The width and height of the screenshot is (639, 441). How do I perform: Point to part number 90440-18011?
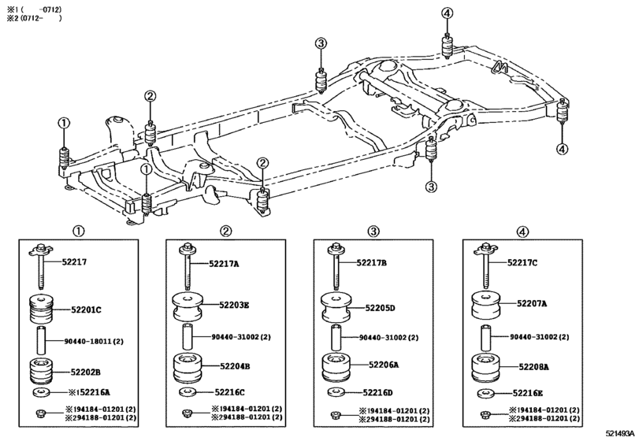(x=94, y=342)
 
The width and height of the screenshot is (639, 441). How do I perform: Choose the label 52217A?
(x=224, y=264)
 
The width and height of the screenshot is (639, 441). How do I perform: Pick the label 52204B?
(x=233, y=366)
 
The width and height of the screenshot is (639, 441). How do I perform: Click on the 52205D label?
(x=379, y=308)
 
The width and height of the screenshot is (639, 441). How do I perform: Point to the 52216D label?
(x=377, y=392)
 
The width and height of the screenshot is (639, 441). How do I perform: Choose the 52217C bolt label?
(x=522, y=263)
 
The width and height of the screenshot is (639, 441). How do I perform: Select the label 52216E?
(x=527, y=392)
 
